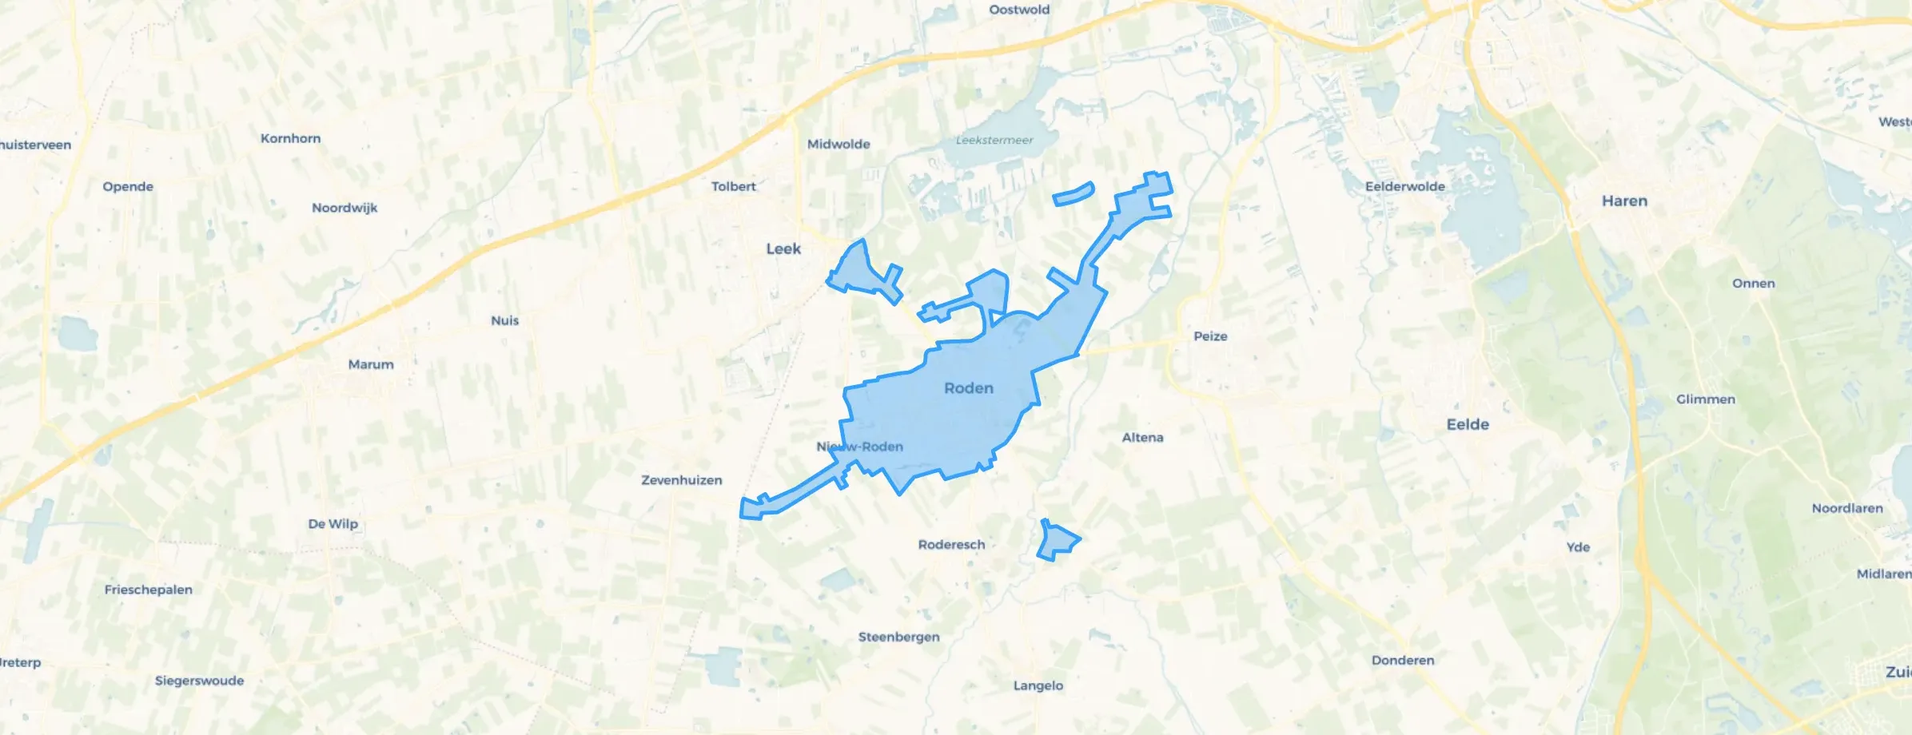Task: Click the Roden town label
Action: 969,388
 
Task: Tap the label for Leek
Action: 783,249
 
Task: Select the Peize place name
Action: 1210,336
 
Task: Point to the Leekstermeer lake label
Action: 994,141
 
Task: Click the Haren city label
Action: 1624,201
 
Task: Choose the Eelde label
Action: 1468,425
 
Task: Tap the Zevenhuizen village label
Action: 681,480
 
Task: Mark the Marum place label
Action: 371,364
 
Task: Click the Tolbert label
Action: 733,187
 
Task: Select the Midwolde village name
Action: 838,145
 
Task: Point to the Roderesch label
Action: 951,545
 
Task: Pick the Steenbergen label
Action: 898,637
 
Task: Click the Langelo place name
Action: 1038,685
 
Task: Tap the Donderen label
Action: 1403,661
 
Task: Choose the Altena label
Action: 1142,438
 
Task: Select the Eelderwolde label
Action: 1404,187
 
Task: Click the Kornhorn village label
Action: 290,139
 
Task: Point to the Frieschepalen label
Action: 148,590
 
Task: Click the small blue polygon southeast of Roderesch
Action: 1057,542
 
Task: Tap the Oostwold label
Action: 1019,10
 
